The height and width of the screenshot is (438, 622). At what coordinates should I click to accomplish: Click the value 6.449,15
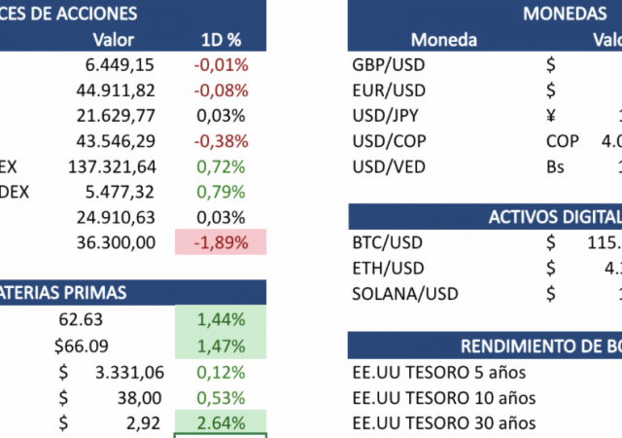click(121, 65)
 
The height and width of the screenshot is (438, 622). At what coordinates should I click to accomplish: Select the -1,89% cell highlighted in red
click(221, 242)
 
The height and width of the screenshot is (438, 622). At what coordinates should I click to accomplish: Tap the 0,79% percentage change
click(221, 192)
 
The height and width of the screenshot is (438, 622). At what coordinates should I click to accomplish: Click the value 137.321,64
click(112, 166)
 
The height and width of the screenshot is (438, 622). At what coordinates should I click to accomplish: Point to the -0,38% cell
click(221, 141)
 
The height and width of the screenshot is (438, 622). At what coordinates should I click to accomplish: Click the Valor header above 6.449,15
click(113, 40)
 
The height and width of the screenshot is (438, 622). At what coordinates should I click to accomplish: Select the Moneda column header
click(443, 40)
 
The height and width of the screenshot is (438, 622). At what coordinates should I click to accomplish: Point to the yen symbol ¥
click(551, 116)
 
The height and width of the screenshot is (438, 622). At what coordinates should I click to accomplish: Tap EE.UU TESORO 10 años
click(442, 397)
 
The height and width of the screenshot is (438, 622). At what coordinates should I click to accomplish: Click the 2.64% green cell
click(221, 422)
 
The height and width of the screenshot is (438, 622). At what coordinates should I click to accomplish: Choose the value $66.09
click(81, 346)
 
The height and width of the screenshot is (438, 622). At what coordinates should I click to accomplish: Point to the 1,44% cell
click(221, 319)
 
